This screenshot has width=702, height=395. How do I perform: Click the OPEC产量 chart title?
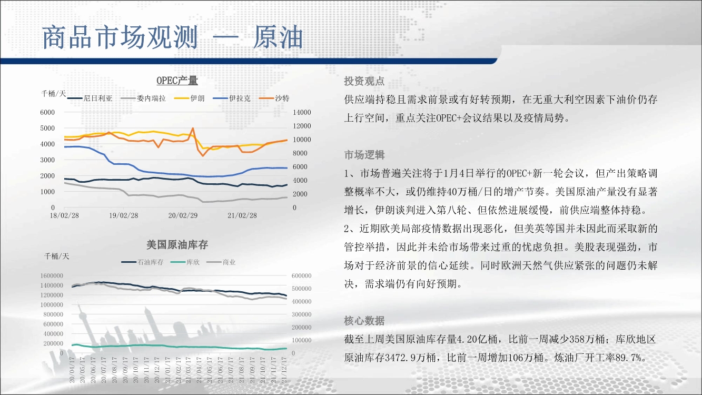point(177,81)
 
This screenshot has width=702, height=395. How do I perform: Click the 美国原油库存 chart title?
point(177,245)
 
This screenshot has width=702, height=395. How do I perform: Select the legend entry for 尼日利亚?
point(90,98)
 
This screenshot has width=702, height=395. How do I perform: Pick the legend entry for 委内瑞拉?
point(143,98)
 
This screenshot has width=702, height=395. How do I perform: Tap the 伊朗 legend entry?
point(189,98)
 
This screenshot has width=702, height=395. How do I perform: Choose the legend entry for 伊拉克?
point(232,98)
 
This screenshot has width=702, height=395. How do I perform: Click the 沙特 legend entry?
point(274,98)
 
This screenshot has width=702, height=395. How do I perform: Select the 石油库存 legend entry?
point(143,262)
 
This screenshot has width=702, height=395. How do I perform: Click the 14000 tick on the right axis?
point(302,112)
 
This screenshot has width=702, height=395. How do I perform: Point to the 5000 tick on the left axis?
point(47,128)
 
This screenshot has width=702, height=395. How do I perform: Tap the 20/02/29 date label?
point(183,216)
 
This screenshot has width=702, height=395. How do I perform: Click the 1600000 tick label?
point(52,275)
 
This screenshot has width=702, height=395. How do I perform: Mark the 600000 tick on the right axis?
point(301,275)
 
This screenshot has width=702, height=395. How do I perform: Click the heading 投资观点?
point(364,81)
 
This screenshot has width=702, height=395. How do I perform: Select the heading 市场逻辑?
point(364,155)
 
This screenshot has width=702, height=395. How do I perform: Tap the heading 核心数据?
point(364,321)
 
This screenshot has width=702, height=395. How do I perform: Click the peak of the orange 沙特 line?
point(193,128)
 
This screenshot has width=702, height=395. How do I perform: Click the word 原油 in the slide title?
point(278,37)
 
